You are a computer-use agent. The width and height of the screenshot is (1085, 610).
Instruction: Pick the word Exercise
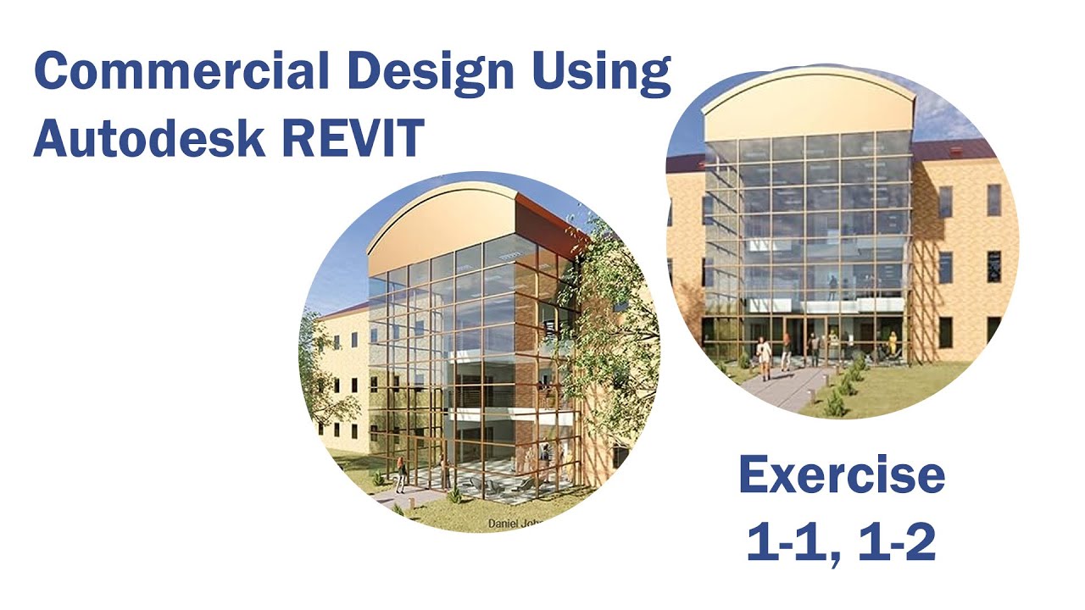(841, 476)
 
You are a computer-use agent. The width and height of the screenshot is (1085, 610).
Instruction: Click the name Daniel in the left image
(506, 524)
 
